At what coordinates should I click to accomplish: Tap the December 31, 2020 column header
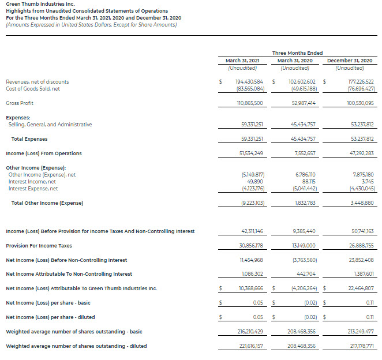tap(350, 61)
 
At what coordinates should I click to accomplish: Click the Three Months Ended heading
tap(297, 53)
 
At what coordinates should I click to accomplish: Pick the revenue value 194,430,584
tap(250, 82)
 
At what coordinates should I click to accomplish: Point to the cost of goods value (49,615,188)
tap(300, 89)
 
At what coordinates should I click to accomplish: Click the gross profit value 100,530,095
tap(358, 103)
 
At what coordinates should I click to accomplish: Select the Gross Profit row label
tap(20, 103)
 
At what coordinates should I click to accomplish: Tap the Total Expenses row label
tap(29, 139)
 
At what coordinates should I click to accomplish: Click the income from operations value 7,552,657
tap(302, 153)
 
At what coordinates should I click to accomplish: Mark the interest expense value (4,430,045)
tap(362, 188)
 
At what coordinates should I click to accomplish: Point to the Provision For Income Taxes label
tap(39, 246)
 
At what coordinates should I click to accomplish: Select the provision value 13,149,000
tap(301, 246)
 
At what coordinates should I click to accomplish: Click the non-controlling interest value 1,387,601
tap(362, 274)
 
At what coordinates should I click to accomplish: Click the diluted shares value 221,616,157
tap(250, 346)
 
